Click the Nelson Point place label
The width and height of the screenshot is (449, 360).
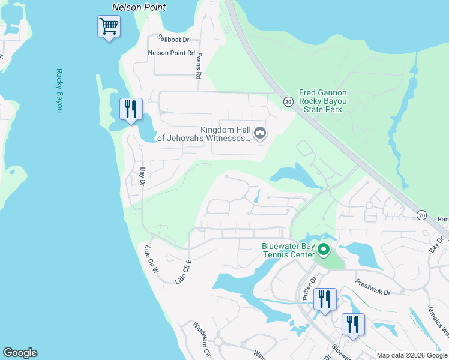click(x=139, y=7)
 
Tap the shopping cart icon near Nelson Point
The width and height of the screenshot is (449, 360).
click(x=109, y=26)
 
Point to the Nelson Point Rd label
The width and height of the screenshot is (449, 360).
click(x=172, y=53)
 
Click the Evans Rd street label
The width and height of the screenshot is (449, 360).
click(x=197, y=65)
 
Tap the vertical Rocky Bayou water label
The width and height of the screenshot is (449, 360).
click(x=59, y=91)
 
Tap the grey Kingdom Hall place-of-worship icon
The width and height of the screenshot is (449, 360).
click(x=260, y=133)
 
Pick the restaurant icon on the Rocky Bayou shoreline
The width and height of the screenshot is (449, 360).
click(x=131, y=109)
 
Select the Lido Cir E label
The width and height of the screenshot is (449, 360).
click(x=182, y=271)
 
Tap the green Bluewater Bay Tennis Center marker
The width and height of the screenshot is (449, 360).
click(x=324, y=249)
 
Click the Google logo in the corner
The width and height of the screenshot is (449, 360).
click(x=20, y=353)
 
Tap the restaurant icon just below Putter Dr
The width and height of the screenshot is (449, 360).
click(x=325, y=299)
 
